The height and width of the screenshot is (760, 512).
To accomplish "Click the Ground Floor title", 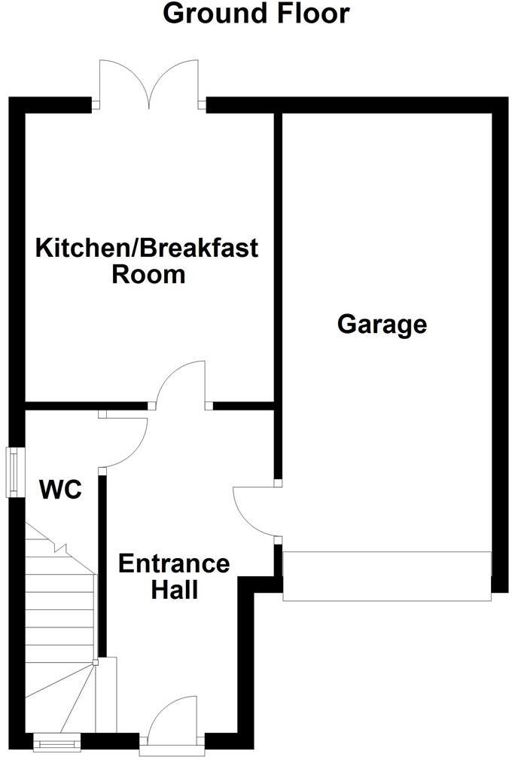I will (x=256, y=13).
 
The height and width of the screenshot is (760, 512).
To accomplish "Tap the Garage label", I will (x=382, y=325).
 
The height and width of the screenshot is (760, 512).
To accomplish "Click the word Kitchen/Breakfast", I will (x=148, y=247).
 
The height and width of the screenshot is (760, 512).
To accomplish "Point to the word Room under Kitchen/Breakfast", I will (x=148, y=274).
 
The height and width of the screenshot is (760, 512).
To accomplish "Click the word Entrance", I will (x=174, y=563).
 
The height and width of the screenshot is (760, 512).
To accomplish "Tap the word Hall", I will (x=174, y=590).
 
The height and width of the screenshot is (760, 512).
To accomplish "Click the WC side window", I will (x=14, y=472).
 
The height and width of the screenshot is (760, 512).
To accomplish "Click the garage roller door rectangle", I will (x=386, y=576).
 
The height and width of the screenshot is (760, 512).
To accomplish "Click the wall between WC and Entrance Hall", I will (x=102, y=565).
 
